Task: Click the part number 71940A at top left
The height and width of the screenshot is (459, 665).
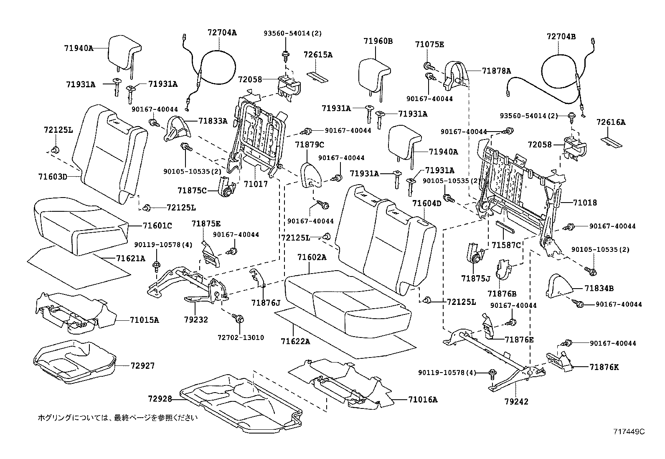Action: tap(78, 48)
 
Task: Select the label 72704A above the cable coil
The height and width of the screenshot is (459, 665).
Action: tap(222, 33)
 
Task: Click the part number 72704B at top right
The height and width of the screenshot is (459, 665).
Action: tap(561, 36)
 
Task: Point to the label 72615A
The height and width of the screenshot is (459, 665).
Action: tap(318, 55)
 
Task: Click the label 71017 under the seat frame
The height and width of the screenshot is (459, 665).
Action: tap(256, 184)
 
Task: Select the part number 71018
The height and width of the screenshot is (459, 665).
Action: tap(585, 203)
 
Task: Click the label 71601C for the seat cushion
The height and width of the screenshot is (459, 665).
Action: tap(157, 226)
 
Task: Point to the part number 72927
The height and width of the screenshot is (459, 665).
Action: tap(142, 366)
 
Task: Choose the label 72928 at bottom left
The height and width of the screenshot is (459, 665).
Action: tap(160, 398)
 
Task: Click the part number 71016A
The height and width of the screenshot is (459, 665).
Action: tap(423, 399)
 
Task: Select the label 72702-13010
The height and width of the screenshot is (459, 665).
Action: tap(241, 337)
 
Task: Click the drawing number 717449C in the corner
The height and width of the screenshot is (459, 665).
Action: tap(629, 431)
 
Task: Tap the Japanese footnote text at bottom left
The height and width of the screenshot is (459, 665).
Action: tap(118, 417)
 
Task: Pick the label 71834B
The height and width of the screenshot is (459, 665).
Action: tap(599, 288)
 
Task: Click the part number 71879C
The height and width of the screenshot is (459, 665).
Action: tap(310, 145)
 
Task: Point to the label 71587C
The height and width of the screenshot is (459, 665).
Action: tap(506, 245)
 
